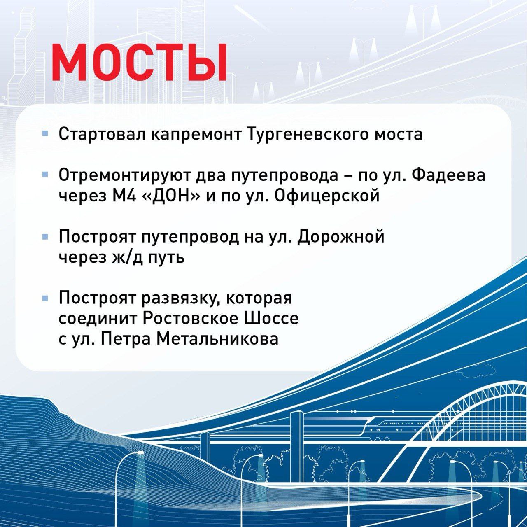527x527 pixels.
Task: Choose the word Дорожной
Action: [341, 237]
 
